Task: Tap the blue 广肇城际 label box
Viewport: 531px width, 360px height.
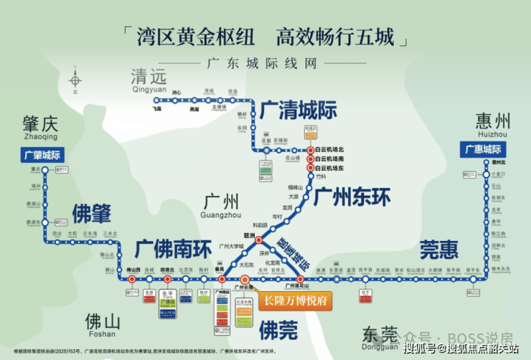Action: click(44, 154)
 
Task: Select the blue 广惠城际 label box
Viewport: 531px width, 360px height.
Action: click(485, 149)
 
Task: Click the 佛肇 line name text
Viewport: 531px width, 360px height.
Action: click(91, 212)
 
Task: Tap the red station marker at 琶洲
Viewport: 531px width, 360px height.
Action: click(260, 241)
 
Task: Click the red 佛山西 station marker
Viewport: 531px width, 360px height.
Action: click(132, 279)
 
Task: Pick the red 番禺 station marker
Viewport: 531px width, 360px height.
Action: click(222, 279)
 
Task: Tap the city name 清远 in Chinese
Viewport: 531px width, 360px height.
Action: click(149, 77)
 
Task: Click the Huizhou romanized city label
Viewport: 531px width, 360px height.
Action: click(492, 134)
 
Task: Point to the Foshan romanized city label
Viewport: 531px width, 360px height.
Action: click(98, 333)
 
